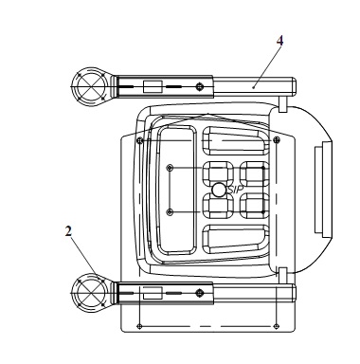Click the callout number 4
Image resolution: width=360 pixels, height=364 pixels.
279,41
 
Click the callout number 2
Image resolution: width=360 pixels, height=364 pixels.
68,231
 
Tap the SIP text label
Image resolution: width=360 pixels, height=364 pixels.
236,190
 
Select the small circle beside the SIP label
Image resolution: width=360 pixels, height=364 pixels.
219,190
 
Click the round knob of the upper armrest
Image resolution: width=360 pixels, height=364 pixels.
90,86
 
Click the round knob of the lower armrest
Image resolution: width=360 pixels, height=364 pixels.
90,293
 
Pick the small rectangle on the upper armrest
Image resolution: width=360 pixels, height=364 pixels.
153,86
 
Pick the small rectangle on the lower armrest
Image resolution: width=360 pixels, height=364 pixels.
153,293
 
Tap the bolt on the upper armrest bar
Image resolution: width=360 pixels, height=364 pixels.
199,86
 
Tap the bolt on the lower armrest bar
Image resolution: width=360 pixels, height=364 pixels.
199,293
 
